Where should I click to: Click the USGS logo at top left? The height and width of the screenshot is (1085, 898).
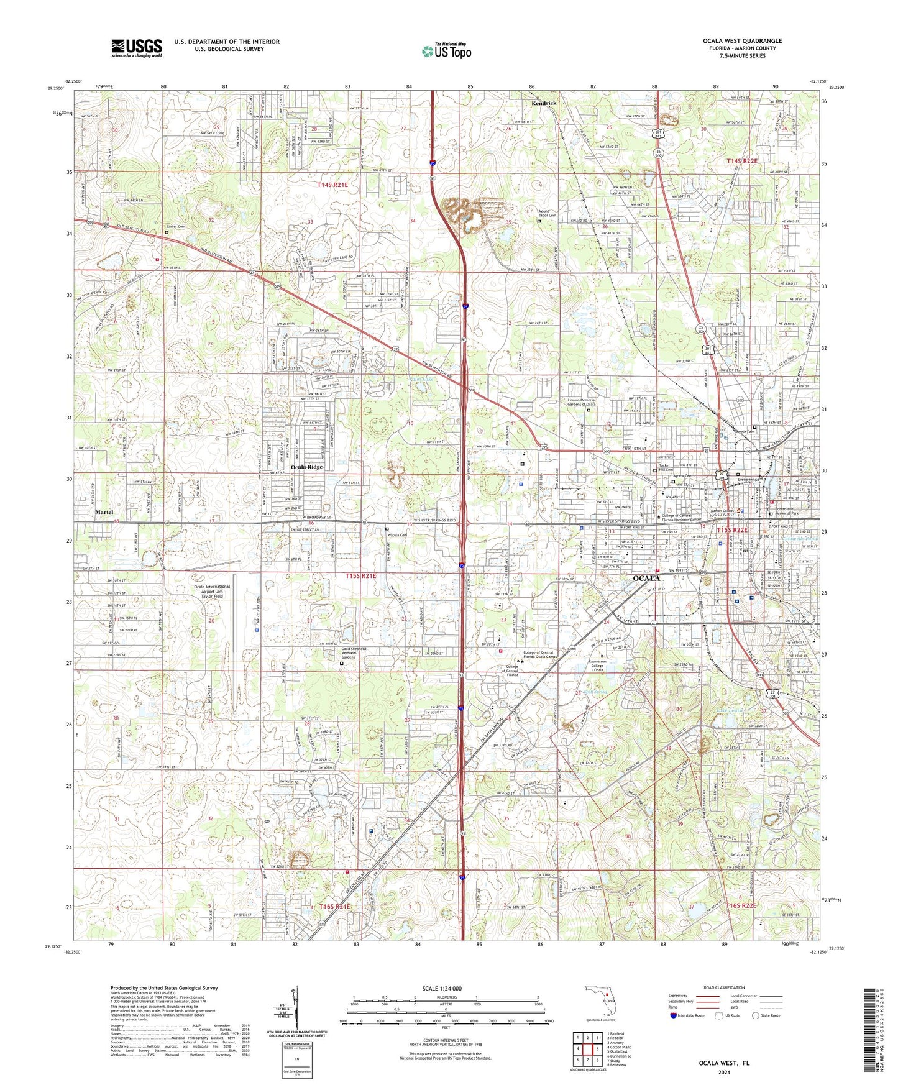pyautogui.click(x=137, y=47)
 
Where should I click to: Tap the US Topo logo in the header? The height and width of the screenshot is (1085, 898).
pyautogui.click(x=446, y=51)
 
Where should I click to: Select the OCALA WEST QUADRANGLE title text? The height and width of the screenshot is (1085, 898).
pyautogui.click(x=742, y=41)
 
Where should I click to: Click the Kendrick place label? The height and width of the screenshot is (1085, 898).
pyautogui.click(x=544, y=103)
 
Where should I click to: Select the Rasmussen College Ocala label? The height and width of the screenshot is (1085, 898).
pyautogui.click(x=602, y=665)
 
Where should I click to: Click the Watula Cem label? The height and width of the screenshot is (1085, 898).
pyautogui.click(x=398, y=534)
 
